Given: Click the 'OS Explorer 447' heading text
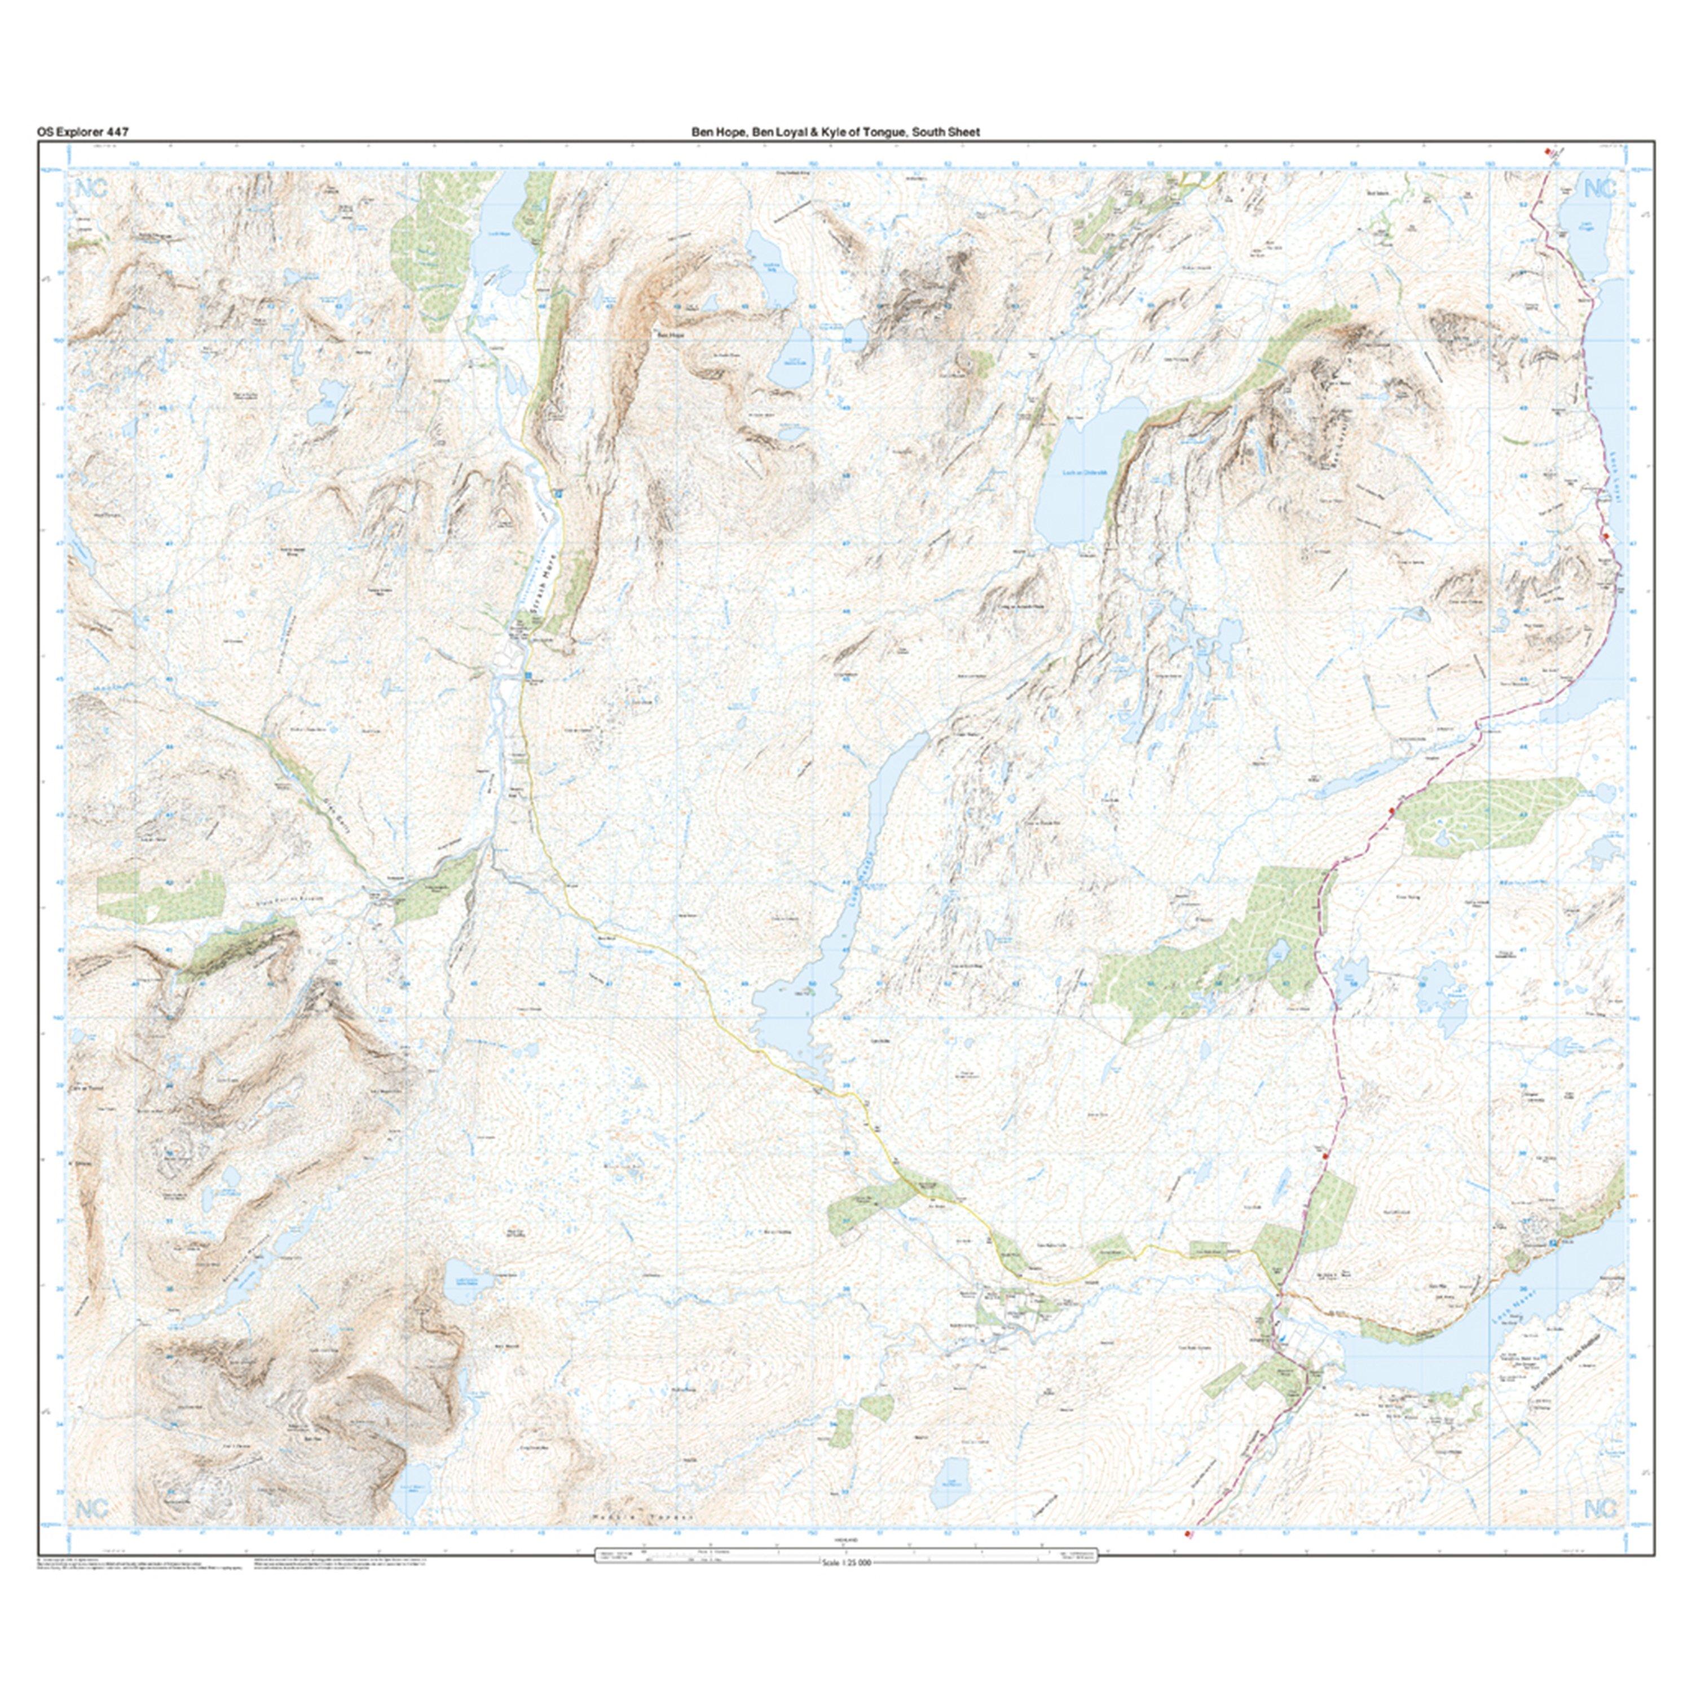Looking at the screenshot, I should (x=82, y=132).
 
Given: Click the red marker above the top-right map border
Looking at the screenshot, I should (x=1548, y=152).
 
